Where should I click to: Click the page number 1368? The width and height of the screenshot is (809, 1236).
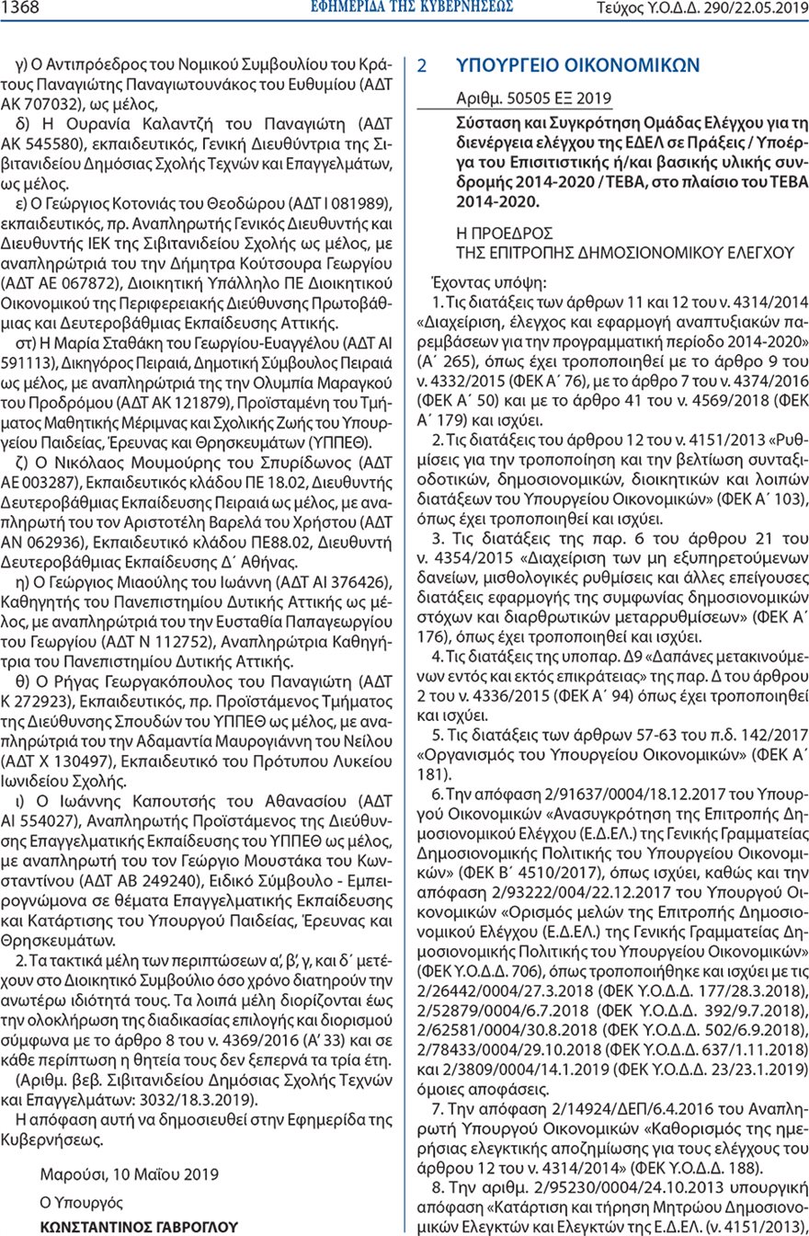pos(19,8)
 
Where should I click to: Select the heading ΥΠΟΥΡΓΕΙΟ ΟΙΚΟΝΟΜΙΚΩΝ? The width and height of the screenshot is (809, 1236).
pos(578,66)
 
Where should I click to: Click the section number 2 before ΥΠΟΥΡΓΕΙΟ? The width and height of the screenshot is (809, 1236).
pos(422,67)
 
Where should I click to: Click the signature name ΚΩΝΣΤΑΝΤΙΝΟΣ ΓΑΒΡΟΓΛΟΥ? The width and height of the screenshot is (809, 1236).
pos(139,1226)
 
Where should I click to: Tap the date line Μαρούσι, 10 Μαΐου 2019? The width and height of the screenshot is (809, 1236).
pos(130,1174)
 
